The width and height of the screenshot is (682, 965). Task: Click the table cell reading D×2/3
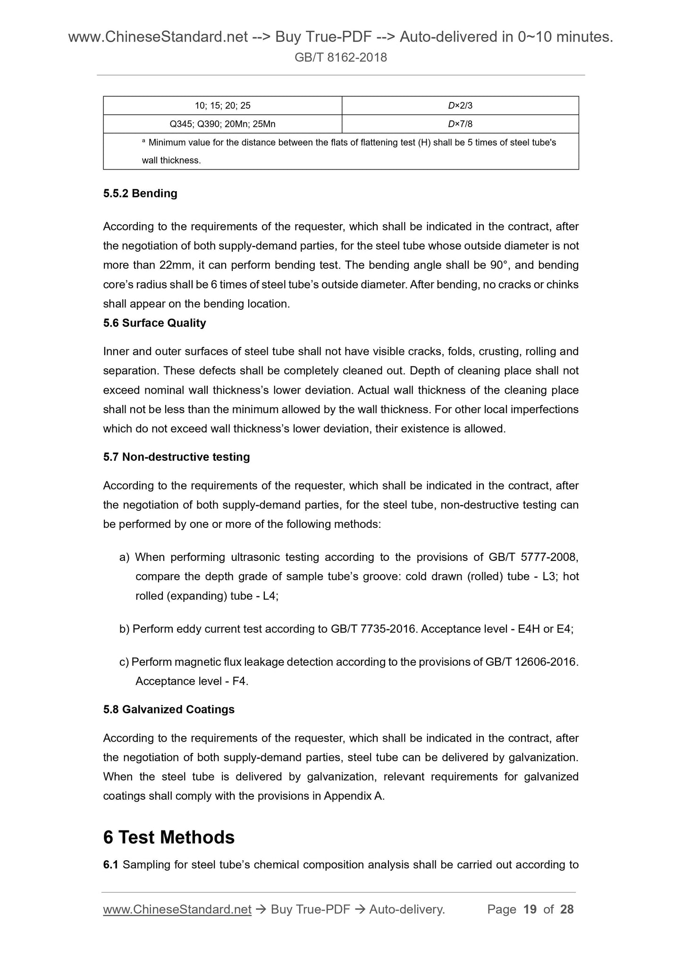[x=460, y=106]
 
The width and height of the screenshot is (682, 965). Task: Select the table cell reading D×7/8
[x=460, y=124]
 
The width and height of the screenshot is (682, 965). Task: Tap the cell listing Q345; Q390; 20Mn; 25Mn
[x=222, y=124]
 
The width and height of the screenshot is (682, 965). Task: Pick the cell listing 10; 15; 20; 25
[x=222, y=106]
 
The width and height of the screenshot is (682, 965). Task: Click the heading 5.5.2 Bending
[x=140, y=194]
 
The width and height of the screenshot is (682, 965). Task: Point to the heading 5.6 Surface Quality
[x=154, y=323]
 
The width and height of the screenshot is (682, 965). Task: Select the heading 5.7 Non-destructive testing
[x=177, y=457]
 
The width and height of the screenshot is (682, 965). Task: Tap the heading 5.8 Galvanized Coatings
[x=168, y=710]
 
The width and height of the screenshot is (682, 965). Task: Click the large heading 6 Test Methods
[x=168, y=837]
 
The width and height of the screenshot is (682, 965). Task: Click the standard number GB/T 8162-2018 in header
[x=341, y=58]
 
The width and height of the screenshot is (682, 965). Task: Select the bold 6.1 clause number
[x=111, y=865]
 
